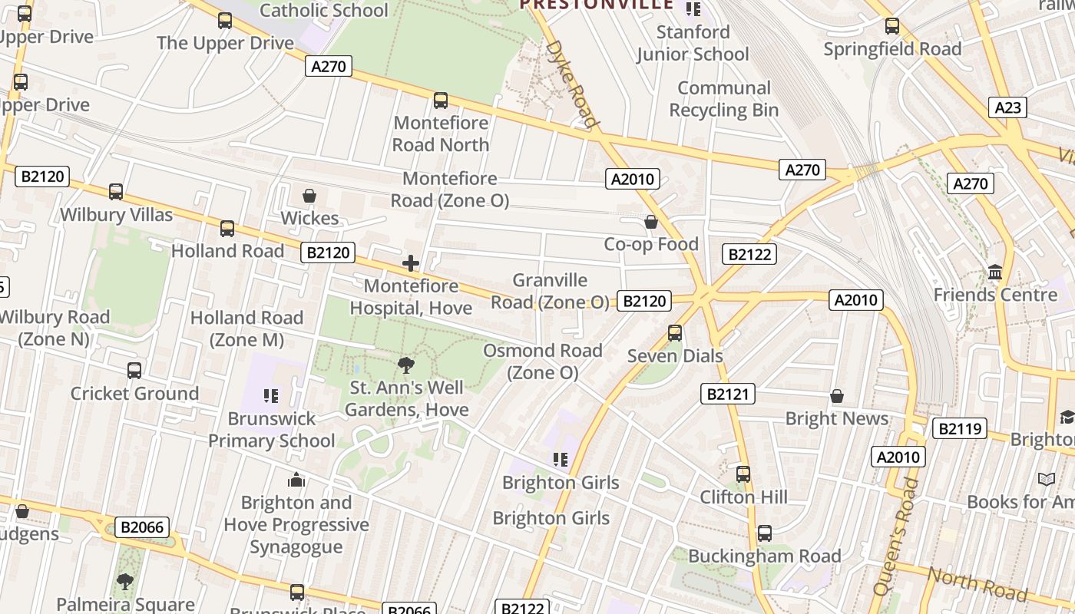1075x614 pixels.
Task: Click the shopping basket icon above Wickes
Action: point(309,196)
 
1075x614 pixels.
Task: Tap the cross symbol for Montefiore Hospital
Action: point(411,264)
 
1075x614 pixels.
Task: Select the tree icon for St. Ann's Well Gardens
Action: point(406,365)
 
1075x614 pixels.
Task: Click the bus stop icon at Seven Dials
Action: point(675,333)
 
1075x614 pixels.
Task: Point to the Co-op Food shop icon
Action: point(651,222)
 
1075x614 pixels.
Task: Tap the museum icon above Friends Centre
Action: point(996,272)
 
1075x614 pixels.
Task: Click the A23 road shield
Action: point(1007,107)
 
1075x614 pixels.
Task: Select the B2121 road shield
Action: point(728,394)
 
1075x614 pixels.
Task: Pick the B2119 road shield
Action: point(960,428)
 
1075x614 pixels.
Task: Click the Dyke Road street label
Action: point(571,83)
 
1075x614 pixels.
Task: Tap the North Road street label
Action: point(977,585)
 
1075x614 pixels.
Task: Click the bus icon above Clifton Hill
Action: point(743,474)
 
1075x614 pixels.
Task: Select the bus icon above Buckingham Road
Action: point(765,533)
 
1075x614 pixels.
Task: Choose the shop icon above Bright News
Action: point(837,396)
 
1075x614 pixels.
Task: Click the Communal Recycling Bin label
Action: point(724,99)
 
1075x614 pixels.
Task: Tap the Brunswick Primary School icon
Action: point(271,396)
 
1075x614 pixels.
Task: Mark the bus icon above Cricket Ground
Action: point(134,371)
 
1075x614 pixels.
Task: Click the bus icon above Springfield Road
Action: point(892,26)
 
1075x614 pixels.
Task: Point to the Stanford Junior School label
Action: point(693,43)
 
